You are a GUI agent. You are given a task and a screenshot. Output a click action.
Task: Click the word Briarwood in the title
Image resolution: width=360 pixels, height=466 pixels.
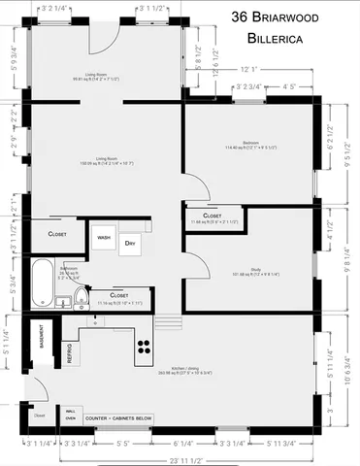click(x=297, y=17)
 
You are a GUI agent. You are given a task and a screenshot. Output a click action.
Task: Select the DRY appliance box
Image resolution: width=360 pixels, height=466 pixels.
click(x=129, y=246)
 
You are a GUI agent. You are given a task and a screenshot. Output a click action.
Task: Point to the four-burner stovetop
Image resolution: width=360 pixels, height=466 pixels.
click(x=145, y=348)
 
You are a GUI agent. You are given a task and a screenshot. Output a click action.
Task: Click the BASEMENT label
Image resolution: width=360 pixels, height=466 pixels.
click(x=42, y=338)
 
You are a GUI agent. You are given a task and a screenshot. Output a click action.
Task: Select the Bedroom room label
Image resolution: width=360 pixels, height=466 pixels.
click(x=250, y=142)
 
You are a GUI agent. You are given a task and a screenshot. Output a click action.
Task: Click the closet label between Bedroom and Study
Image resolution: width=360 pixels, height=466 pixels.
click(x=213, y=216)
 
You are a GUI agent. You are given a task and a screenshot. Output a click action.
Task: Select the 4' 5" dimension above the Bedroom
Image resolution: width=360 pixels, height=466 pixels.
click(x=288, y=87)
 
